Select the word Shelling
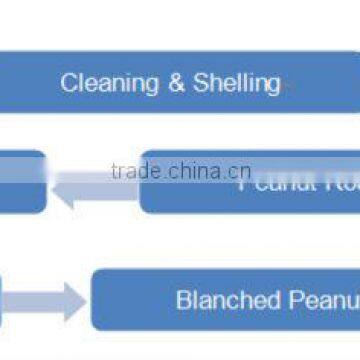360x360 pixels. (233, 82)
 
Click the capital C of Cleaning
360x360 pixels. (68, 82)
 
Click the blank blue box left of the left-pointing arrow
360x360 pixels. (20, 182)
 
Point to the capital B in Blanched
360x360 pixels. (182, 299)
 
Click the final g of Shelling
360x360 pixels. (273, 84)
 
